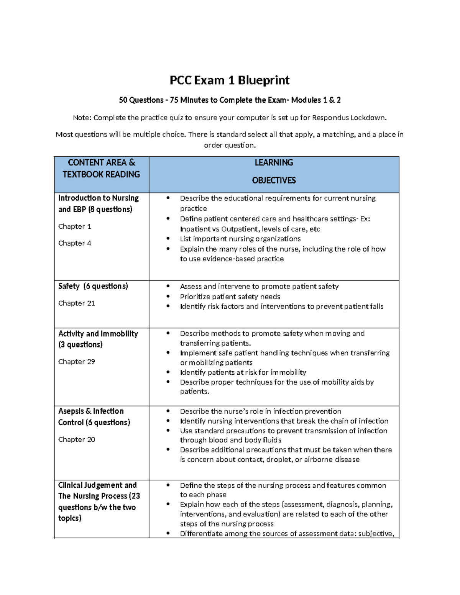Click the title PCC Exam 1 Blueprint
point(230,80)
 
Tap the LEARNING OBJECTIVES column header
point(274,171)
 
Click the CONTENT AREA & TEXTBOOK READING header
point(101,169)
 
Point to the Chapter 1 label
point(75,226)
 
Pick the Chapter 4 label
point(75,243)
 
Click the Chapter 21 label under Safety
point(76,303)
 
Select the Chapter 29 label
point(76,362)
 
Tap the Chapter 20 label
point(76,439)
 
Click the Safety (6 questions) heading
point(93,286)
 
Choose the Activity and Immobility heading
point(98,339)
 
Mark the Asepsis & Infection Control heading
point(94,416)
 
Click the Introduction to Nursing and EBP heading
point(98,203)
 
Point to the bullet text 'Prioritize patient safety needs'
point(230,297)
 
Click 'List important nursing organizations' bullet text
point(240,239)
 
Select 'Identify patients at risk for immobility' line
point(243,372)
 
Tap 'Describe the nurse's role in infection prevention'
point(261,411)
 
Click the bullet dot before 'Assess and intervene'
point(168,286)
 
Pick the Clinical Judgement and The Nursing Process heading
point(99,502)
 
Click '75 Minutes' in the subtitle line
point(189,100)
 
